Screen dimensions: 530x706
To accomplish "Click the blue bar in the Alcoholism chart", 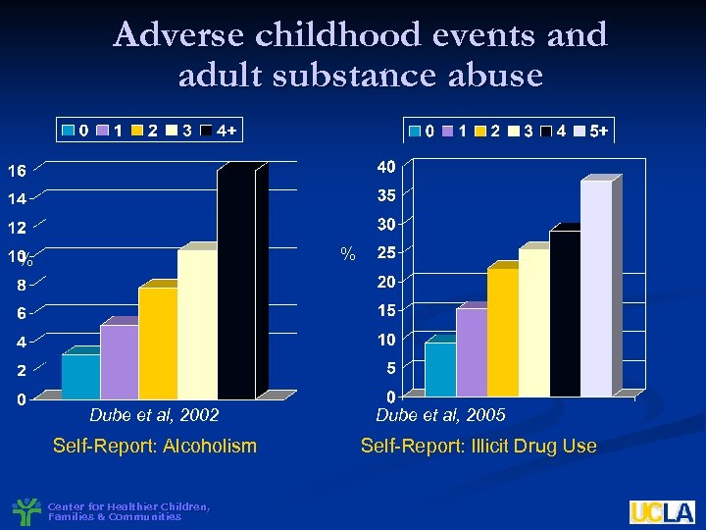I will click(80, 376).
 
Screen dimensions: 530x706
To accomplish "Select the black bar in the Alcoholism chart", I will click(235, 285).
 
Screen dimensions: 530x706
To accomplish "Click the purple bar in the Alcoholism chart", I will click(119, 361).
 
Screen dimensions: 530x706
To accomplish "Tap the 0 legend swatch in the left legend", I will click(69, 130).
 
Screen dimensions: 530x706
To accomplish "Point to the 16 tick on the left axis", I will click(18, 171).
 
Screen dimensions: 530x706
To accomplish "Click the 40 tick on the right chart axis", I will click(386, 166).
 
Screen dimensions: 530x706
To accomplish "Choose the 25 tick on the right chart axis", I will click(386, 253).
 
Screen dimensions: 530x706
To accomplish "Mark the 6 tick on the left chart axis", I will click(20, 314).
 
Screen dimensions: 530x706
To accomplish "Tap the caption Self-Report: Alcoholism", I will click(154, 447).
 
